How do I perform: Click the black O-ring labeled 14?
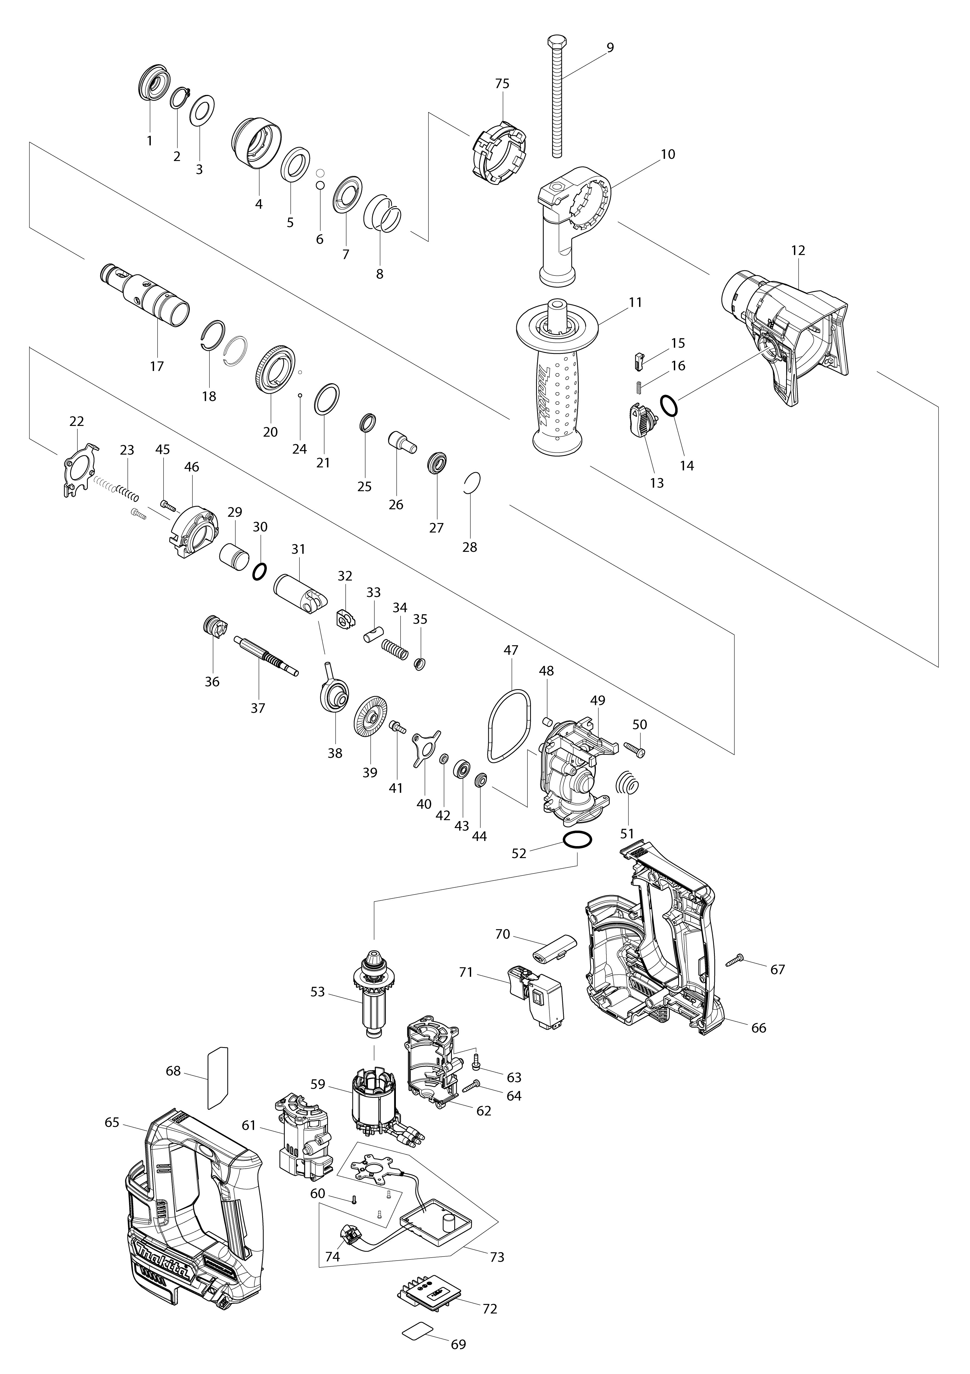670,405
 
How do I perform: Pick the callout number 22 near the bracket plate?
77,421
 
